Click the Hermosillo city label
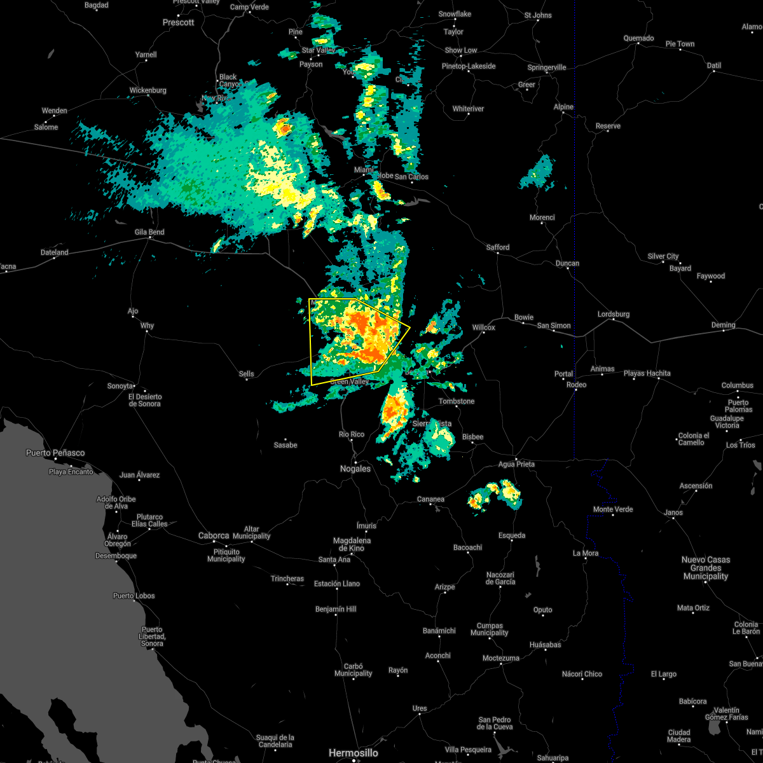(x=353, y=753)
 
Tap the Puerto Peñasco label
(x=55, y=453)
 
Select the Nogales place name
(x=355, y=469)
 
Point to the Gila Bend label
(x=149, y=232)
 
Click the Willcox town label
(x=483, y=327)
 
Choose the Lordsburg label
(x=614, y=314)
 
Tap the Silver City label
(x=663, y=256)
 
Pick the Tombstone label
(x=457, y=401)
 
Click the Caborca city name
(x=214, y=535)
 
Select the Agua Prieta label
(x=516, y=464)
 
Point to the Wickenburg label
(x=148, y=90)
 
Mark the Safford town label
(x=498, y=247)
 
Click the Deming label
(x=723, y=325)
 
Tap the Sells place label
(x=246, y=374)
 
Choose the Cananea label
(x=430, y=499)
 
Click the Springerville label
(x=547, y=67)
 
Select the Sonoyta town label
(x=120, y=386)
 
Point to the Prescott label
(x=178, y=22)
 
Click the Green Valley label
(x=349, y=381)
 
